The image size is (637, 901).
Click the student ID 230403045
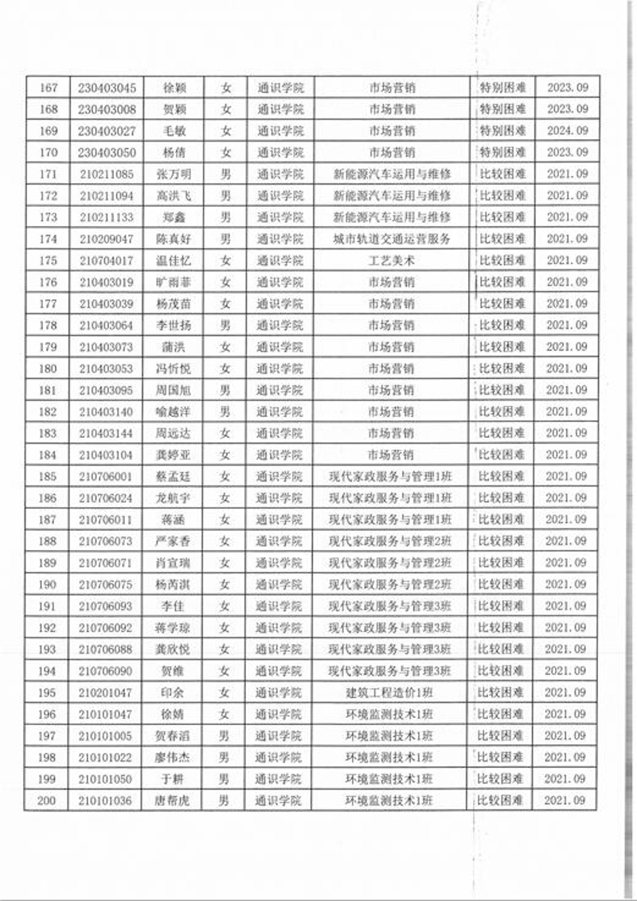tap(107, 88)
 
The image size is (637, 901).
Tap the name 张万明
tap(173, 174)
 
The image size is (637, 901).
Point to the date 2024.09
tap(567, 131)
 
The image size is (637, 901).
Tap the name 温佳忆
tap(173, 260)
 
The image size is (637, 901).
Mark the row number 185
tap(47, 476)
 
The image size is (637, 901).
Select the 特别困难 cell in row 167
tap(502, 88)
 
